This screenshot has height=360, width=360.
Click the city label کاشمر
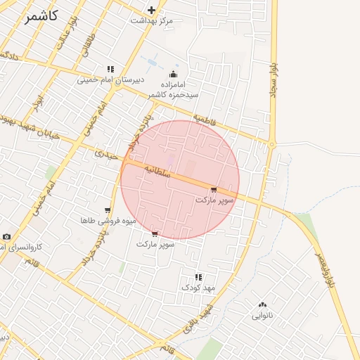tap(40, 16)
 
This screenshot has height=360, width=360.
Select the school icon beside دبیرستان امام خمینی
tap(110, 69)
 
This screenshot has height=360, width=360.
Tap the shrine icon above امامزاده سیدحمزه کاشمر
tap(173, 75)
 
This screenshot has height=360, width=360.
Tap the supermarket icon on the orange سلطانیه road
tap(214, 190)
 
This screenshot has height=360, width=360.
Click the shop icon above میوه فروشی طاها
tap(107, 210)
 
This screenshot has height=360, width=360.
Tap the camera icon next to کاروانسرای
tap(6, 237)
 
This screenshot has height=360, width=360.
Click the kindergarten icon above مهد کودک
tap(198, 276)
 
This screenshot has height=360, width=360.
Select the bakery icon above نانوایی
tap(262, 304)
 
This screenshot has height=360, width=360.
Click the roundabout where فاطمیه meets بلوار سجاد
tap(271, 145)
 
